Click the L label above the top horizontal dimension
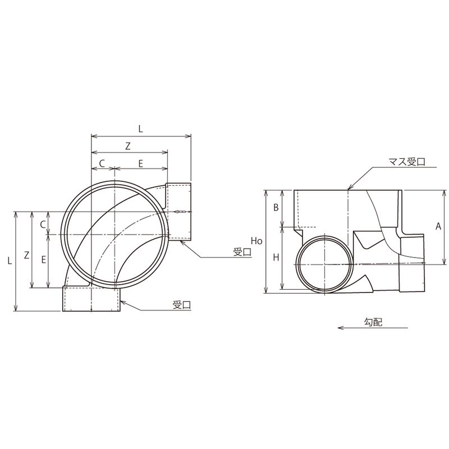tap(141, 129)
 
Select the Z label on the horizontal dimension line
tap(128, 146)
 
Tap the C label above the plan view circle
tap(102, 163)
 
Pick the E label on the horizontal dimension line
tap(141, 163)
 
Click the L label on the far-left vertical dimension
tap(10, 260)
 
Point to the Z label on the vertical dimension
tap(26, 255)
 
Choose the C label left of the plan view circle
tap(43, 225)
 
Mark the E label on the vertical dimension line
tap(44, 260)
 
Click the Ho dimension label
tap(256, 241)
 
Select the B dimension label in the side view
tap(276, 207)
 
